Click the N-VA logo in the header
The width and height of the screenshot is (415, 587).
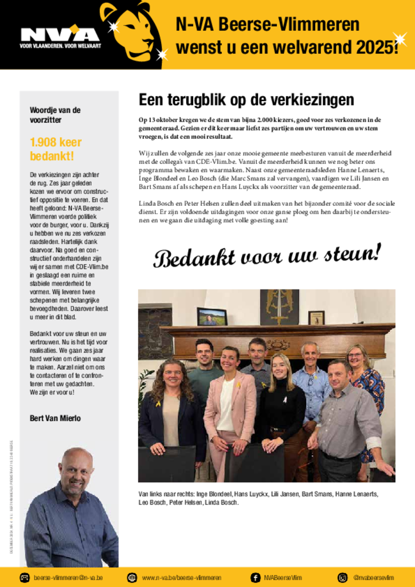pos(60,36)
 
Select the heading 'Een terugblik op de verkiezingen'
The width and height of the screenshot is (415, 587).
pos(246,100)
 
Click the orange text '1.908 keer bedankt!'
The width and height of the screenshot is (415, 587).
pos(56,149)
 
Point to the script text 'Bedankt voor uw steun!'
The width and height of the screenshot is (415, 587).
pos(267,255)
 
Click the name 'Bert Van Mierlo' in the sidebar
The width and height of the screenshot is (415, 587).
pos(55,418)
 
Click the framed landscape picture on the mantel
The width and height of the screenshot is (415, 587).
pos(212,316)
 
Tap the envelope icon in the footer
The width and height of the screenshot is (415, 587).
pos(25,577)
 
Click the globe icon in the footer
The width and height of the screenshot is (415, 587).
pos(132,577)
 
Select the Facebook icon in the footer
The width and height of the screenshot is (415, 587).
pos(255,577)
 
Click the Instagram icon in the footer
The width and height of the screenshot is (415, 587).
pos(343,577)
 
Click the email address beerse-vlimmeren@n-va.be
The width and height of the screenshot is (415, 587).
pos(68,578)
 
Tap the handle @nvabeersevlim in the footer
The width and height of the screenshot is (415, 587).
pos(373,578)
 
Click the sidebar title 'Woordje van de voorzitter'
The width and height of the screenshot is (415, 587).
pos(55,115)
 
